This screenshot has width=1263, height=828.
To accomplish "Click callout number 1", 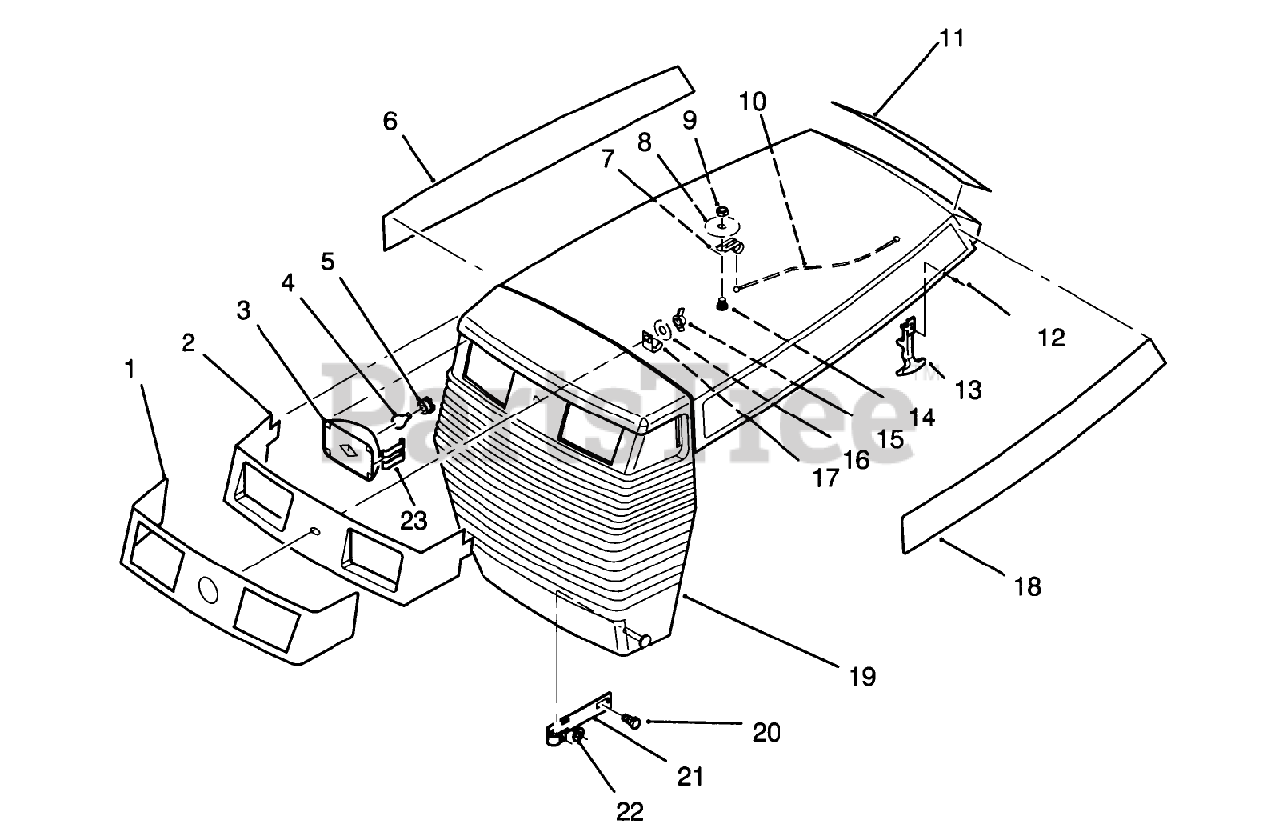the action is pyautogui.click(x=131, y=369).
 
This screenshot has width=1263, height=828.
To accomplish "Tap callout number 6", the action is pyautogui.click(x=390, y=121).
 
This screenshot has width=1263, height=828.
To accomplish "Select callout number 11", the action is pyautogui.click(x=952, y=38).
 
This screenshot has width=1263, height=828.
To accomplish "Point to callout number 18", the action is pyautogui.click(x=1028, y=587).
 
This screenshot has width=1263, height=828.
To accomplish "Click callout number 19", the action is pyautogui.click(x=862, y=677).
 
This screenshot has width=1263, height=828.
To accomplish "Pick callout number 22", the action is pyautogui.click(x=630, y=812).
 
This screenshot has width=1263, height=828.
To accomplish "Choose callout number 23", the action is pyautogui.click(x=413, y=521).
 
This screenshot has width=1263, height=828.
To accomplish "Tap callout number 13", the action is pyautogui.click(x=968, y=390).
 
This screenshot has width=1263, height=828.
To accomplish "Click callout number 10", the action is pyautogui.click(x=753, y=102).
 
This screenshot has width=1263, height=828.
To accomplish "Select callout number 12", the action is pyautogui.click(x=1052, y=338).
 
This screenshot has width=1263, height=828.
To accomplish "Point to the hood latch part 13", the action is pyautogui.click(x=910, y=345).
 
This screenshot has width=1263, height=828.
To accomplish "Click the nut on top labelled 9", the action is pyautogui.click(x=722, y=211).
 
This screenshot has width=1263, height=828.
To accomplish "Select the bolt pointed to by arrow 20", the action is pyautogui.click(x=631, y=720).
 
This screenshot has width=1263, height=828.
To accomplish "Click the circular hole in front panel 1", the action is pyautogui.click(x=207, y=589).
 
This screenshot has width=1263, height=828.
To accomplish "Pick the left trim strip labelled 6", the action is pyautogui.click(x=539, y=159).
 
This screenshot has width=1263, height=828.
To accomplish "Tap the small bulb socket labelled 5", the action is pyautogui.click(x=427, y=405).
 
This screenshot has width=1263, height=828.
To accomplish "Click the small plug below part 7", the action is pyautogui.click(x=721, y=305).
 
